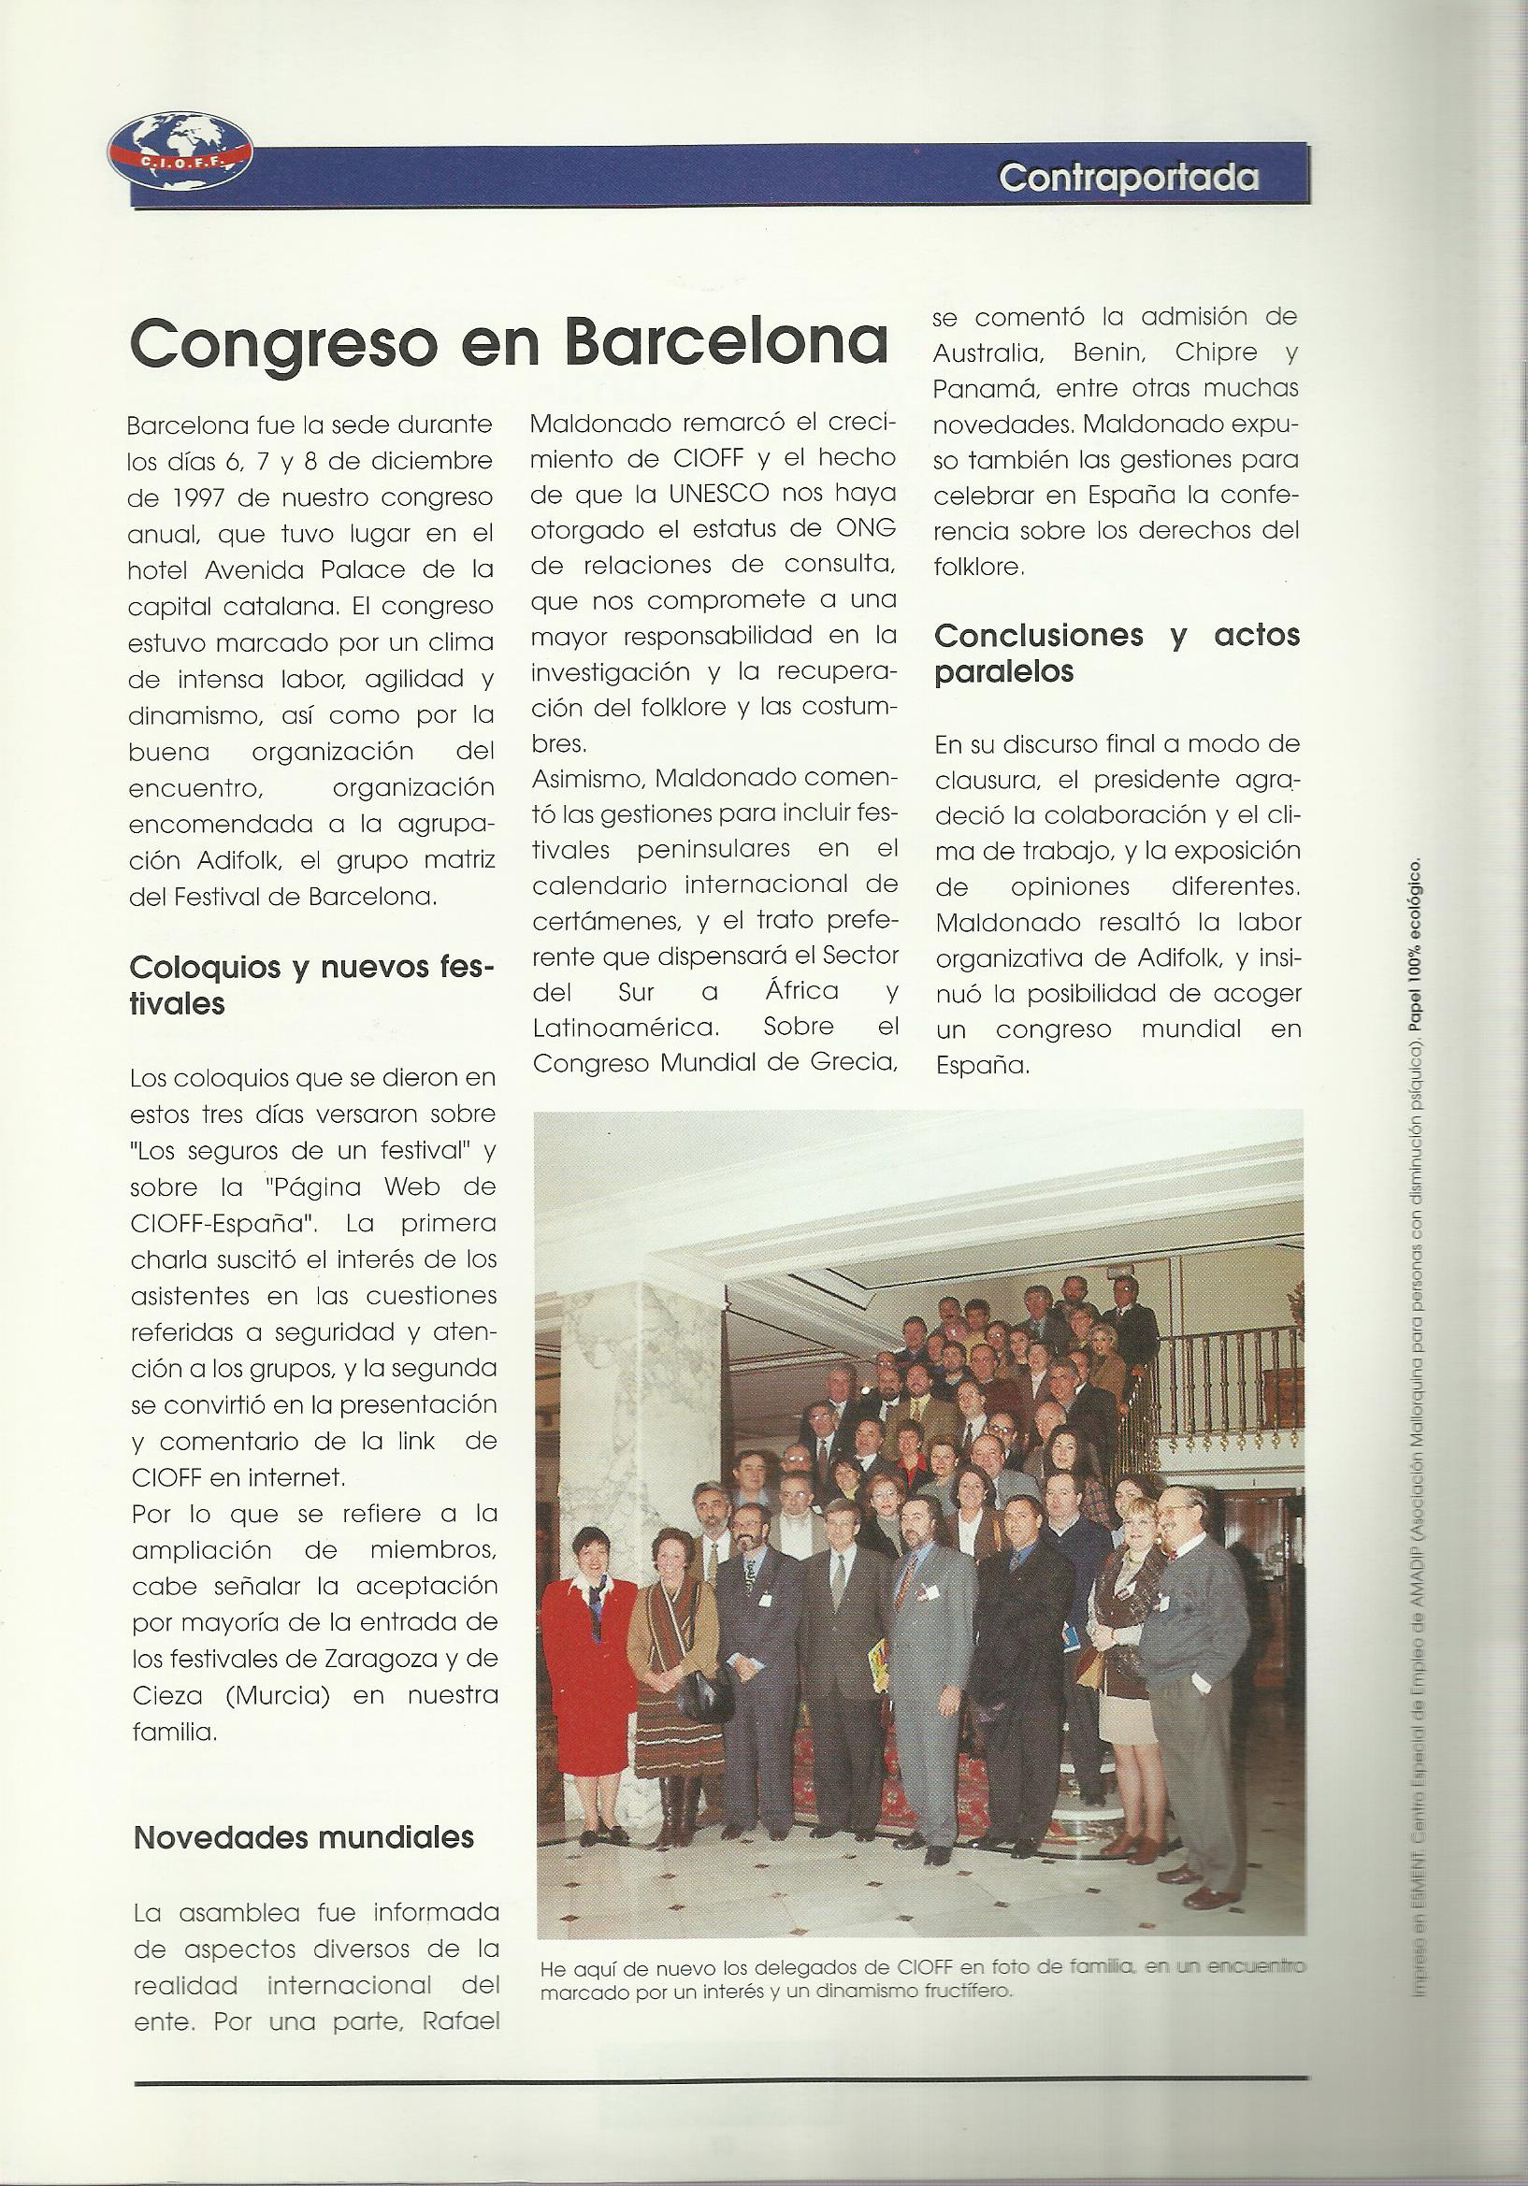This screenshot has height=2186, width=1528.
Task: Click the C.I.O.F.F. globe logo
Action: tap(180, 150)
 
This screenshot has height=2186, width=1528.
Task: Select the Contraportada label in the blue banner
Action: tap(1128, 177)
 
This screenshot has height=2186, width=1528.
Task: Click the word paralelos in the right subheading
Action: tap(1003, 672)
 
